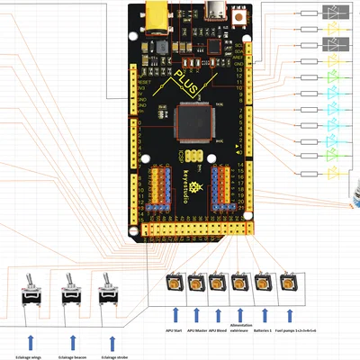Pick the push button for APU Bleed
point(218,283)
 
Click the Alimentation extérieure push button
point(240,283)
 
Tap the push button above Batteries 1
point(263,283)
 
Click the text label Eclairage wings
point(31,356)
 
